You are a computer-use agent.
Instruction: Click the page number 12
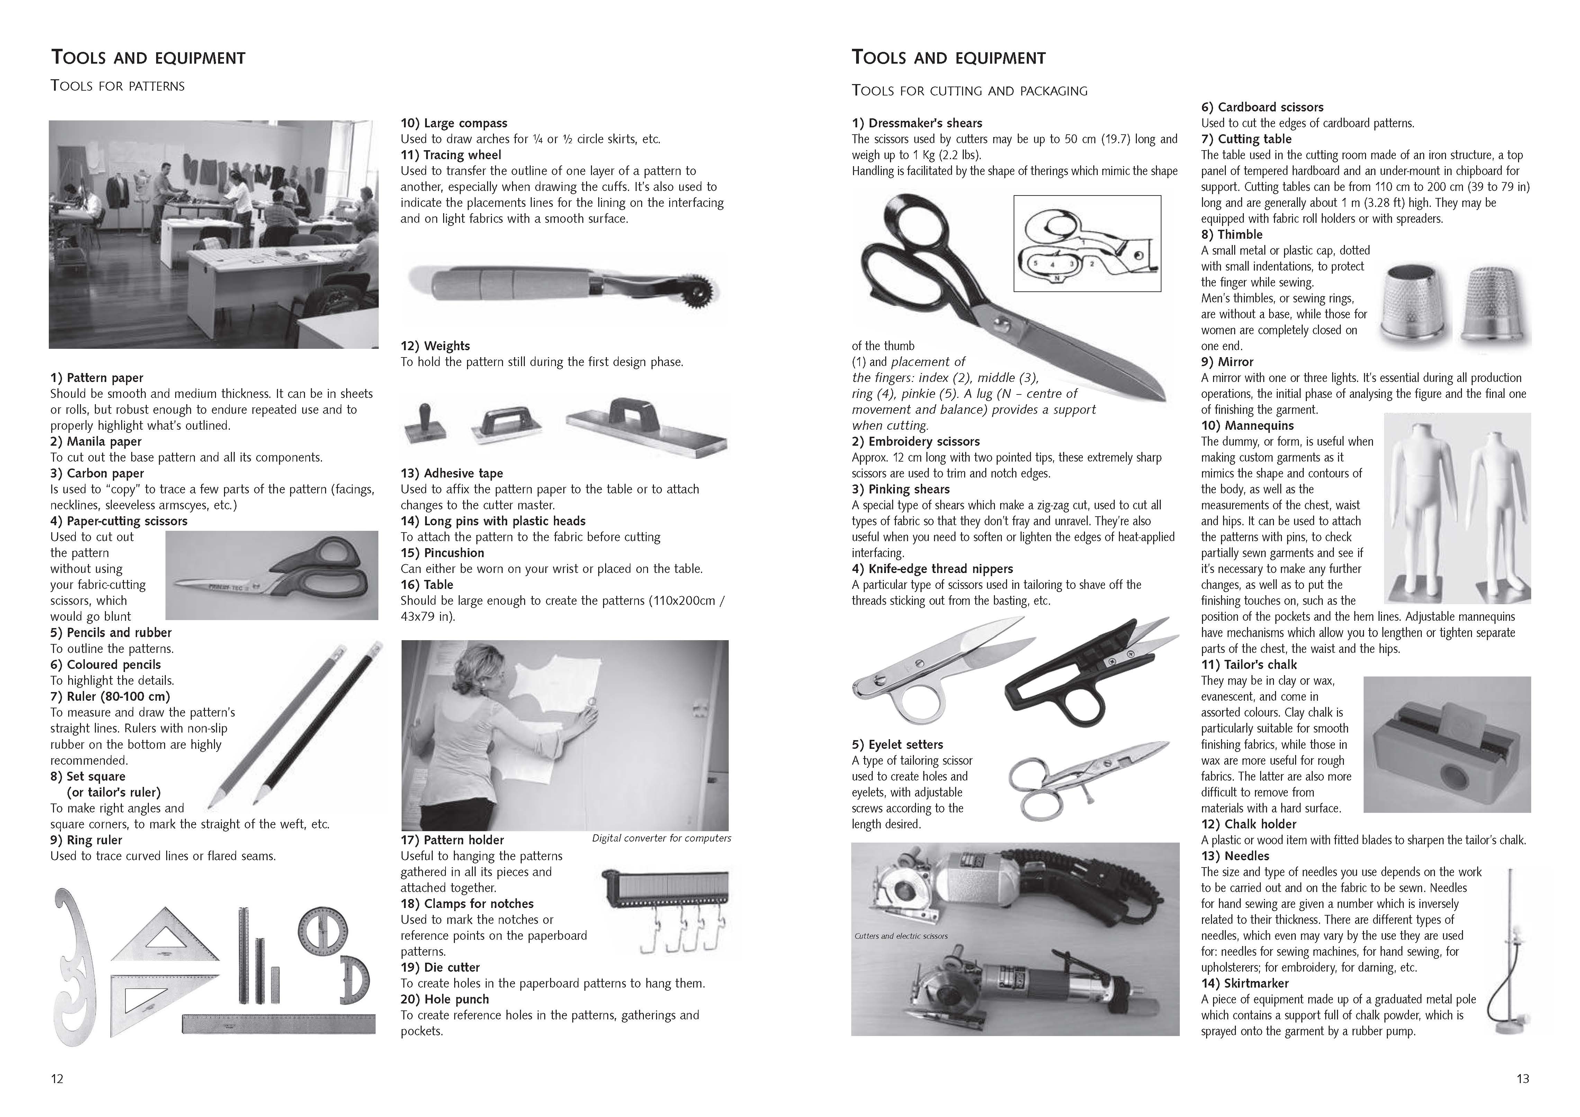point(57,1079)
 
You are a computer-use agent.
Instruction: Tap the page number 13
point(1522,1079)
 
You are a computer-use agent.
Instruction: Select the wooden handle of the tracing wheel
point(488,282)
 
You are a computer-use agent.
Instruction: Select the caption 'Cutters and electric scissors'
point(901,935)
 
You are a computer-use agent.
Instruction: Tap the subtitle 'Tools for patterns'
point(118,86)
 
